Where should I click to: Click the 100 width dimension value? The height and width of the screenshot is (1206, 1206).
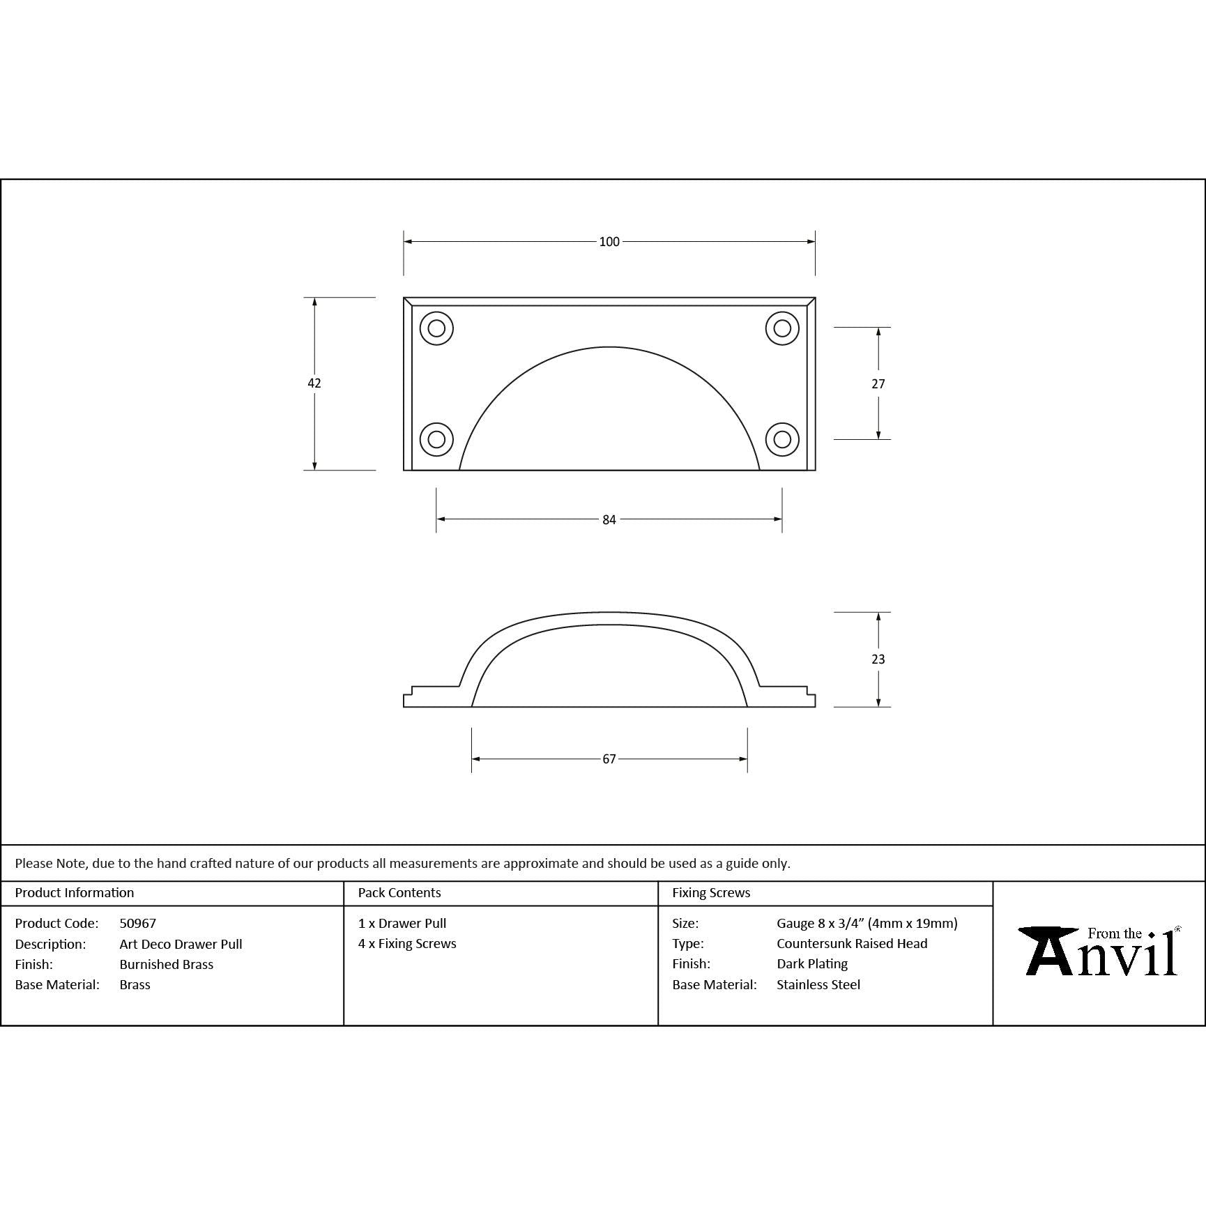[609, 242]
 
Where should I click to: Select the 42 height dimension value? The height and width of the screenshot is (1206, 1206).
[314, 383]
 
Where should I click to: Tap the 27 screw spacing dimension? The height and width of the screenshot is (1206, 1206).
[878, 383]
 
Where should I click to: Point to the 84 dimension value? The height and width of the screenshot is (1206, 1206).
[609, 519]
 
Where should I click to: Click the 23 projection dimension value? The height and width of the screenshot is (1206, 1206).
[878, 659]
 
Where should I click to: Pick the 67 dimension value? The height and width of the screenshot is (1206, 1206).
[609, 758]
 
